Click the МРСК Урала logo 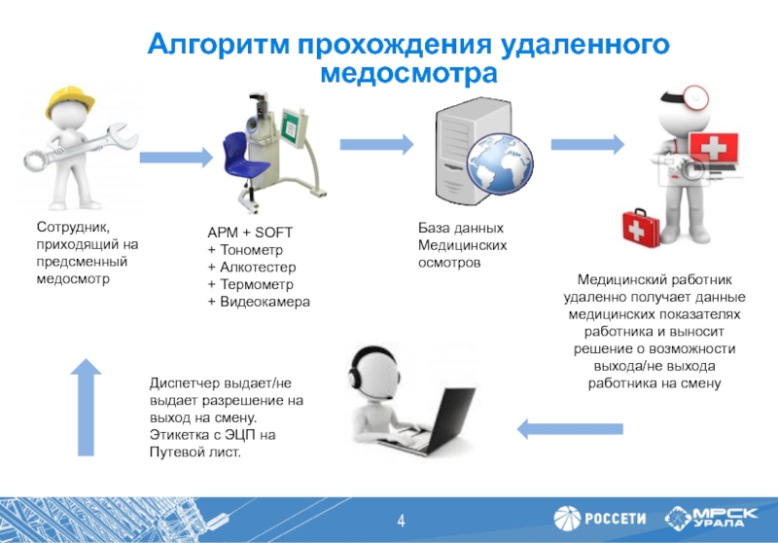point(715,517)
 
